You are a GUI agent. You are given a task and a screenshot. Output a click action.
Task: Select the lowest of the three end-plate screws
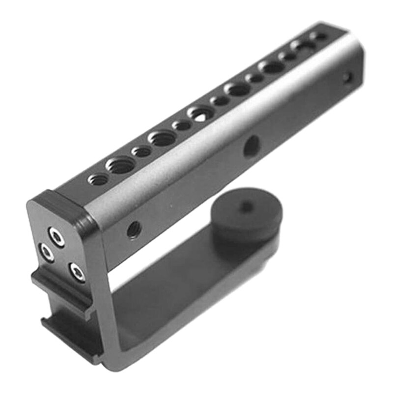click(77, 271)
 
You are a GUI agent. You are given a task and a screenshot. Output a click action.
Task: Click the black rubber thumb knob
click(246, 216)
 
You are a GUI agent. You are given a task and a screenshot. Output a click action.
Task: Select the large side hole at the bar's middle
click(252, 146)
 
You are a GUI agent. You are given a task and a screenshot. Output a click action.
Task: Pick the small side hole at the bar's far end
click(347, 77)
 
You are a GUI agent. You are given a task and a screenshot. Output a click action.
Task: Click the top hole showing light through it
click(199, 114)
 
